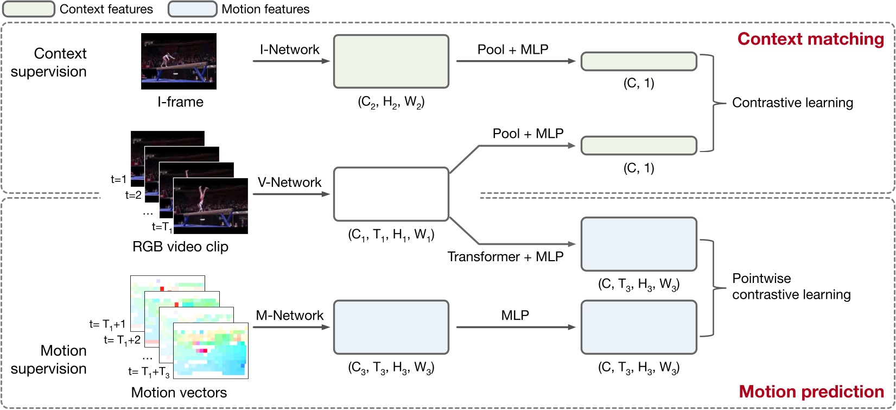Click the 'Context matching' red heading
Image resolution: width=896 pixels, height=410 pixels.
(810, 39)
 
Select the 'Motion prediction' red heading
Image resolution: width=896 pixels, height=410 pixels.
(811, 392)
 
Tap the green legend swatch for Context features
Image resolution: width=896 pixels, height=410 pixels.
(29, 9)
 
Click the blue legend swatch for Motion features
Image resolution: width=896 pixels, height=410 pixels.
(192, 9)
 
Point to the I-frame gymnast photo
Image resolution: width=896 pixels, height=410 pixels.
(179, 61)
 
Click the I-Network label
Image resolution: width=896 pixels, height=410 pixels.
(289, 49)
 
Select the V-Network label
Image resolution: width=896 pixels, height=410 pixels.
(289, 182)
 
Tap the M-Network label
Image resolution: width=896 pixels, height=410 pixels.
(289, 316)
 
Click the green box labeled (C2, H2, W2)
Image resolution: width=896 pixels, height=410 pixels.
(391, 61)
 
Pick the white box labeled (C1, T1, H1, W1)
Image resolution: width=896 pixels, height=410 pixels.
(391, 194)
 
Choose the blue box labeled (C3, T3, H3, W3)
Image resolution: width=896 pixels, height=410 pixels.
(391, 327)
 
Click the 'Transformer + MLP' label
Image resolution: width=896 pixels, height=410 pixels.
(505, 257)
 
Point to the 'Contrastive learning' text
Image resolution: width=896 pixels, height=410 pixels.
(792, 103)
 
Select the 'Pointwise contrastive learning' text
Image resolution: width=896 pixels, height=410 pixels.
(791, 287)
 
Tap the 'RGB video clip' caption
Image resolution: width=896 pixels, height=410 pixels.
(180, 247)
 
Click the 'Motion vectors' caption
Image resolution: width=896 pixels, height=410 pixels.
(179, 393)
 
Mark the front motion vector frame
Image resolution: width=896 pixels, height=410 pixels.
(211, 351)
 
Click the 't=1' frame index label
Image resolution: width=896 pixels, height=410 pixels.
(118, 179)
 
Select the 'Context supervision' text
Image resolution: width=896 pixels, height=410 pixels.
(49, 62)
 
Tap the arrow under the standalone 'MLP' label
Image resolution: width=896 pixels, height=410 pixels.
(515, 327)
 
